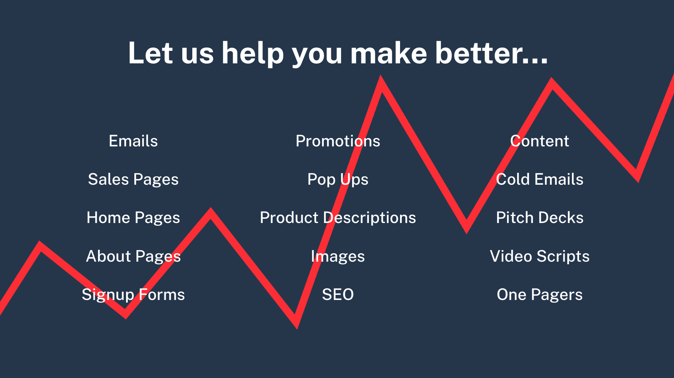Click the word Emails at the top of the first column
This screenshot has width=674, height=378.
pos(133,141)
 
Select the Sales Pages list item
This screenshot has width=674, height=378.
pos(133,180)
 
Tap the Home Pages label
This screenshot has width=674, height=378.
pos(133,218)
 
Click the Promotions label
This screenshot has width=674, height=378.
pos(338,141)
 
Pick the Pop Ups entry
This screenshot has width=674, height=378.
pos(338,180)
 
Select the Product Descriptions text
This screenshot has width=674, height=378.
pos(338,218)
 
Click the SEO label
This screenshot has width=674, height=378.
pos(338,295)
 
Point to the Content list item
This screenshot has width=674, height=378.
pos(539,141)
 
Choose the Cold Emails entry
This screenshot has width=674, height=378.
pos(539,179)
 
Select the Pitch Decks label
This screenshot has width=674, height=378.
pos(539,218)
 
